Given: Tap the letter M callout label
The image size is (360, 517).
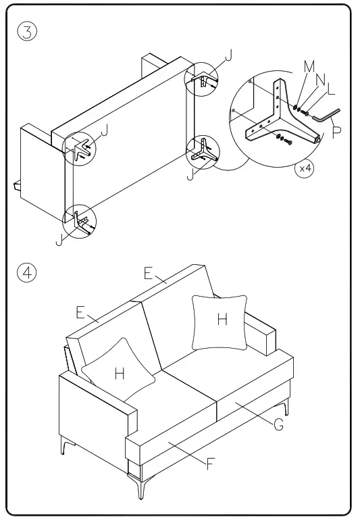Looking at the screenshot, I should (309, 66).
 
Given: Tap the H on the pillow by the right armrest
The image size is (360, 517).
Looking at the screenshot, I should (222, 320).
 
